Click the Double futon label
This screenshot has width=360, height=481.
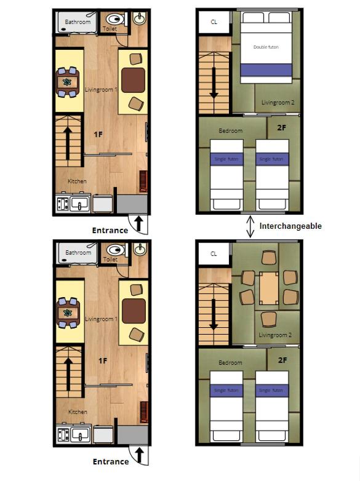pos(266,47)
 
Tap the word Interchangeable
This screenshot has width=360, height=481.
pos(290,226)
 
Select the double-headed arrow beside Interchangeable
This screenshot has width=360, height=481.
pos(250,227)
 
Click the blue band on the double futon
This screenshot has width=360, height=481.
pos(266,70)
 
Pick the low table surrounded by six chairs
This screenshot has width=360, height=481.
pos(268,288)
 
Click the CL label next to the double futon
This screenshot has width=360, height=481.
pos(214,22)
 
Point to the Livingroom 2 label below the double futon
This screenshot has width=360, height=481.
pos(278,103)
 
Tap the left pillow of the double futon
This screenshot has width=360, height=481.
pos(253,17)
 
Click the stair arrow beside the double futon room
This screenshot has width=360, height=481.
pos(214,83)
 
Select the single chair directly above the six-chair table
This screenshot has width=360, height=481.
pos(269,258)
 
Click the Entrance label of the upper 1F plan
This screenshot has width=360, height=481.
pos(110,231)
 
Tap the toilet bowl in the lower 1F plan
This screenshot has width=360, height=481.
pos(115,250)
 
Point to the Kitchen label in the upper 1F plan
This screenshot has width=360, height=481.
pos(77,181)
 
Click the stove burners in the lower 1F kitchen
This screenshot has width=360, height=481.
pos(63,435)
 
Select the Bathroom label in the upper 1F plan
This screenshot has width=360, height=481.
pos(78,22)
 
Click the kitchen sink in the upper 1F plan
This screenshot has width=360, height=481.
pos(80,204)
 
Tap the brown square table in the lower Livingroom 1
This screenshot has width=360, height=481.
pos(134,311)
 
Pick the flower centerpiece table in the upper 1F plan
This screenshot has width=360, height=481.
pos(67,82)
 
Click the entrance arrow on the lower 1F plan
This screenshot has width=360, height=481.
pos(140,455)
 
